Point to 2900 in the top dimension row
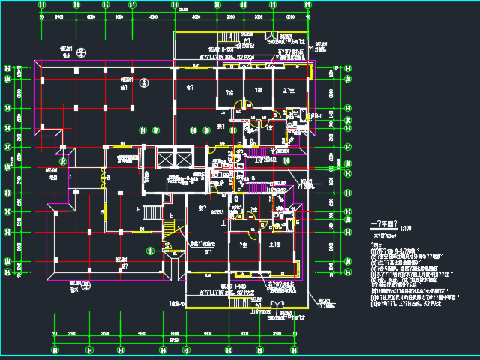coord(59,16)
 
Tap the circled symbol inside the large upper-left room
coord(144,82)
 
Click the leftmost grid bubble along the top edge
coord(41,4)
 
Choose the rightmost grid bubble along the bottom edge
coord(309,349)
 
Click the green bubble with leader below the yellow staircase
coord(149,250)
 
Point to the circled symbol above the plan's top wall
coord(81,52)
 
